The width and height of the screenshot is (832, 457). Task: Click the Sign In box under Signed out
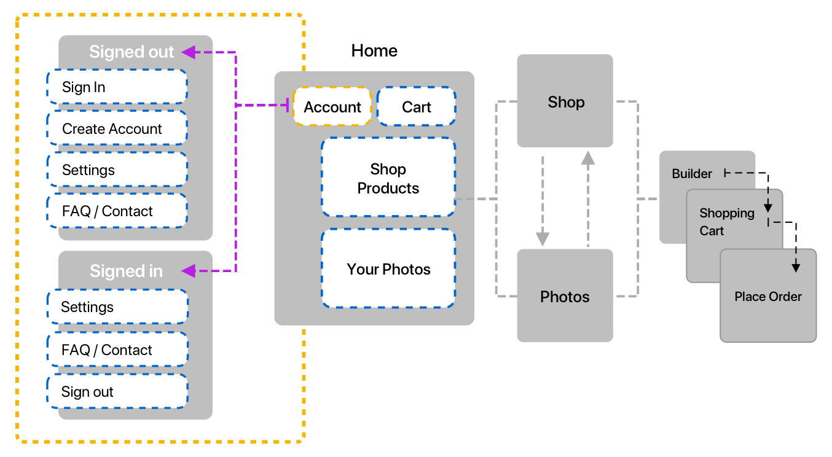click(117, 87)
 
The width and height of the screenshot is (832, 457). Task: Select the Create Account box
click(117, 128)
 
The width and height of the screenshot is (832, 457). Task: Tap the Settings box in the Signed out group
click(117, 170)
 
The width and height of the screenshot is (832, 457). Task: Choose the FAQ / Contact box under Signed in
click(117, 350)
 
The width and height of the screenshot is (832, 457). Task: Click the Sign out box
click(117, 391)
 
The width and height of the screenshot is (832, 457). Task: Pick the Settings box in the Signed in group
click(117, 307)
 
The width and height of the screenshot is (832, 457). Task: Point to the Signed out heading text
click(131, 52)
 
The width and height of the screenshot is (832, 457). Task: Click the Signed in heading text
click(126, 271)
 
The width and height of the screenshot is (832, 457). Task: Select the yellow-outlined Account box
click(332, 107)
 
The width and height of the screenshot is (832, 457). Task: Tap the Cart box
click(417, 107)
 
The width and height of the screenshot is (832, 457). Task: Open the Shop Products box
click(388, 178)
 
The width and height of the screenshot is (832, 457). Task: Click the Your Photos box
click(388, 269)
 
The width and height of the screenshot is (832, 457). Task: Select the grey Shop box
click(565, 101)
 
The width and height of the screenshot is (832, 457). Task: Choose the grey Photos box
click(565, 296)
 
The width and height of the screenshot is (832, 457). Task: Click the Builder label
click(692, 174)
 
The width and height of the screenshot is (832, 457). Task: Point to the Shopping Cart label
click(726, 222)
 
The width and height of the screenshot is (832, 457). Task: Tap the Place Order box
click(768, 296)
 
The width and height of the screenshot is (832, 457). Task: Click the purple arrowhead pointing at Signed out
click(189, 52)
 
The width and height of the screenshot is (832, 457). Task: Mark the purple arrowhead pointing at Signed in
click(189, 270)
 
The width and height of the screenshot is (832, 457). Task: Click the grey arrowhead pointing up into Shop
click(589, 158)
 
